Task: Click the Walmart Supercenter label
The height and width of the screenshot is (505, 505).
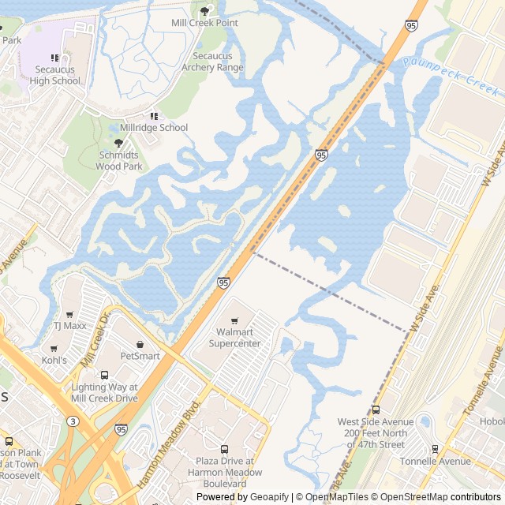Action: pos(234,338)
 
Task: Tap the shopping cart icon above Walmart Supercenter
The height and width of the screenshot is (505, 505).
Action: pos(234,321)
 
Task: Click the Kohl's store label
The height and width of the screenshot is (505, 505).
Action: pos(54,360)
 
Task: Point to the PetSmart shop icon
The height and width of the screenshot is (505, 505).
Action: pos(140,344)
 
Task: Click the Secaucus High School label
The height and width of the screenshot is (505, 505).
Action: pos(55,75)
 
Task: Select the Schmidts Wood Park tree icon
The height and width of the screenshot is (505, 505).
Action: pos(119,143)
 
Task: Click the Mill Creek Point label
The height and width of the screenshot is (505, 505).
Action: pos(204,23)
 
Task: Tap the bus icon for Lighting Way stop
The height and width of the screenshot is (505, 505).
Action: pos(104,375)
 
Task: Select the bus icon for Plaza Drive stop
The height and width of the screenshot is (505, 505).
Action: pos(224,449)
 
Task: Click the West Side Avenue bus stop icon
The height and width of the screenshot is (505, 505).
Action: pos(376,410)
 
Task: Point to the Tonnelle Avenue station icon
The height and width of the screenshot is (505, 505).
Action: pos(435,449)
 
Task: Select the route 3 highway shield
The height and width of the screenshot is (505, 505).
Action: pos(73,422)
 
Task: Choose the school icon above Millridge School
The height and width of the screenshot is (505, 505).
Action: pos(154,116)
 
